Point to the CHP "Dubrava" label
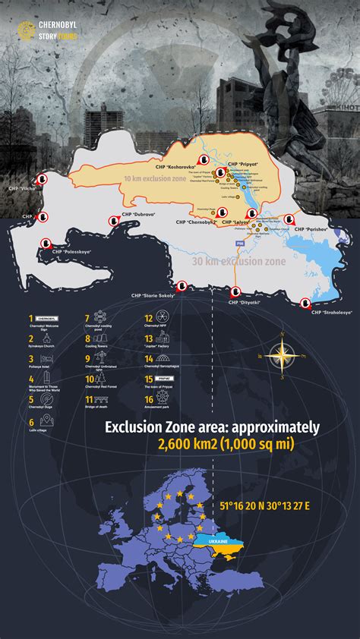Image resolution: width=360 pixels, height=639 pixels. pyautogui.click(x=137, y=214)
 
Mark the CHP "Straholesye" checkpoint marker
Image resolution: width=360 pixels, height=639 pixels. pyautogui.click(x=305, y=302)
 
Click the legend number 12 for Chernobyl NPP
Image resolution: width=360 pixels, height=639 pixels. pyautogui.click(x=149, y=319)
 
